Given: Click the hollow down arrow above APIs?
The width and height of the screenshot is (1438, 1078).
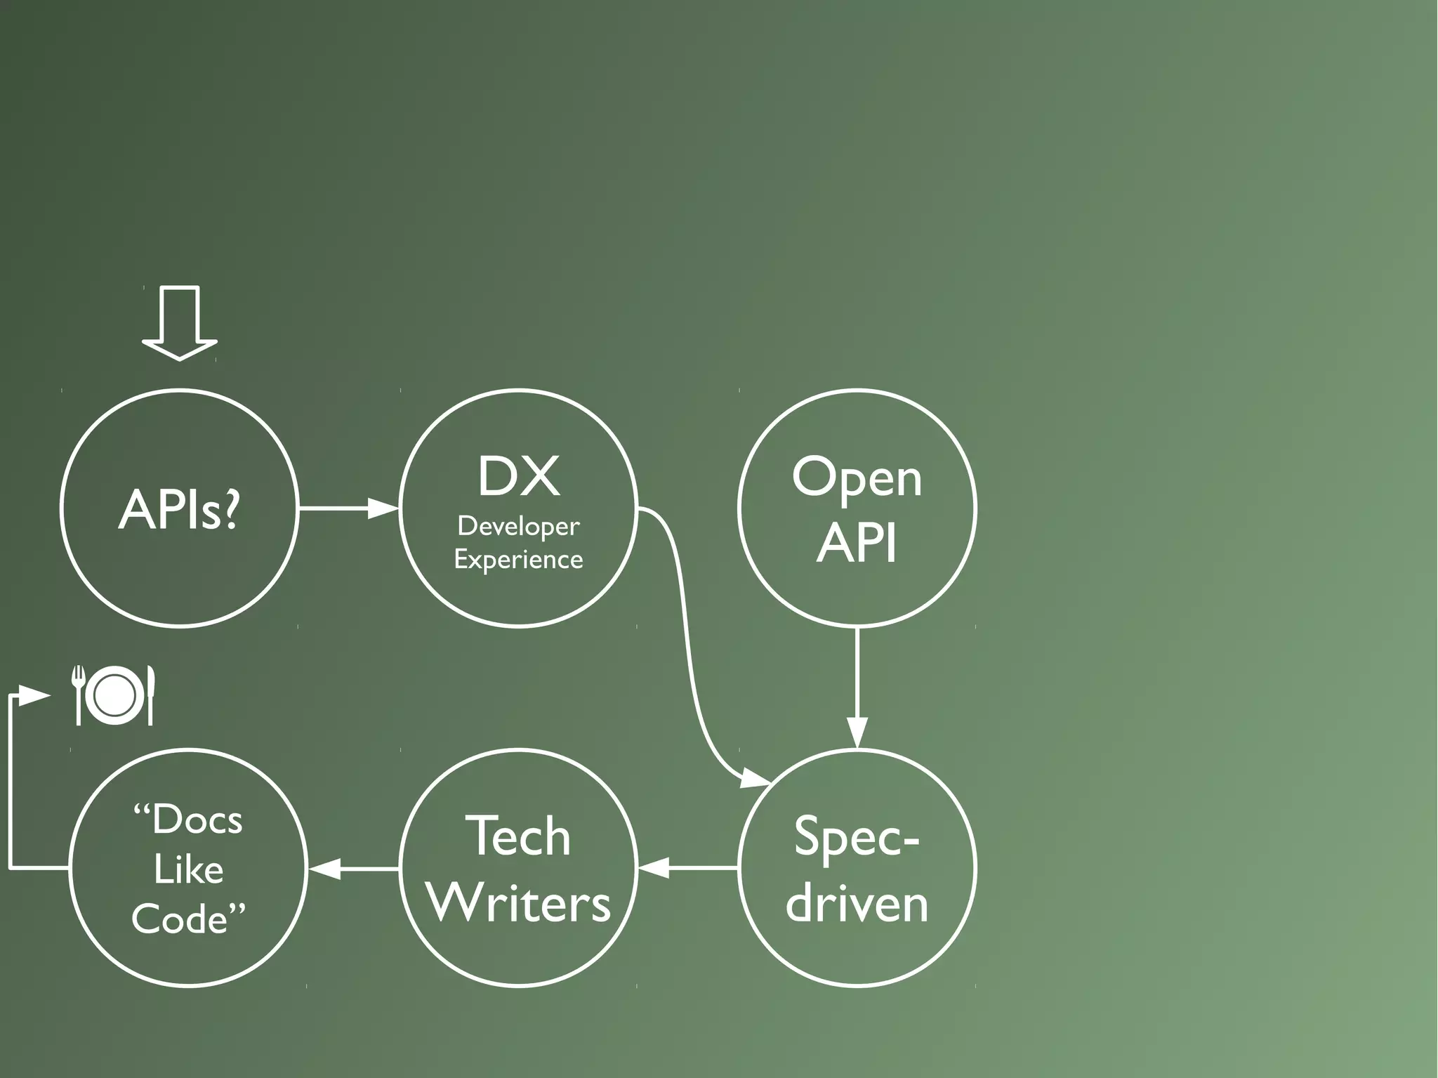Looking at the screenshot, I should pyautogui.click(x=180, y=323).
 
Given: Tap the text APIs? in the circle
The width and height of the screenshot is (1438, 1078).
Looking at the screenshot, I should pyautogui.click(x=180, y=510).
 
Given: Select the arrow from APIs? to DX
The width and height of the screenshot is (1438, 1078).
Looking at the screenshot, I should pyautogui.click(x=348, y=507).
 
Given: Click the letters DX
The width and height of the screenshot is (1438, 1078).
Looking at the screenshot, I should pyautogui.click(x=519, y=477).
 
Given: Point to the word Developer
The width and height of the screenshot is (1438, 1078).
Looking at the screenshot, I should pyautogui.click(x=518, y=526).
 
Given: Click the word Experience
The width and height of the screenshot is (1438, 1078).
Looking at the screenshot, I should pyautogui.click(x=518, y=560).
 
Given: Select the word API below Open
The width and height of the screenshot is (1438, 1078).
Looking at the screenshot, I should pyautogui.click(x=857, y=543).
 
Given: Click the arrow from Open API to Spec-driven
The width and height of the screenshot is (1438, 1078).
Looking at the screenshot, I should pyautogui.click(x=857, y=688).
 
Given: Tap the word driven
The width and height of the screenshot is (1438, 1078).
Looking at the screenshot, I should pyautogui.click(x=857, y=904).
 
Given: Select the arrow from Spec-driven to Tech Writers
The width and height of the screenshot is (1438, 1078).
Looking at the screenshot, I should pyautogui.click(x=688, y=869).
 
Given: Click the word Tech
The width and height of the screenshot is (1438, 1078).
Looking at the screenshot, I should pyautogui.click(x=518, y=836).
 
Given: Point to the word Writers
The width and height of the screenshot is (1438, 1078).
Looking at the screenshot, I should pyautogui.click(x=519, y=903).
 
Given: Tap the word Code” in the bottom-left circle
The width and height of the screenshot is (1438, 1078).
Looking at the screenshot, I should pyautogui.click(x=188, y=919).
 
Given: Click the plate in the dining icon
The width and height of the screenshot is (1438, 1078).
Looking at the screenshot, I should pyautogui.click(x=114, y=695).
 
